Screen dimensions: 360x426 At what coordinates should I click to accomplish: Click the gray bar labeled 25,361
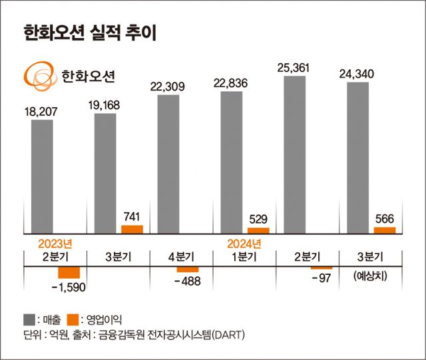294,154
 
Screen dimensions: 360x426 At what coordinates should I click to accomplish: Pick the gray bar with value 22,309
168,163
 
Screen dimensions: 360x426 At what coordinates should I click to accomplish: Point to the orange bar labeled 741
132,229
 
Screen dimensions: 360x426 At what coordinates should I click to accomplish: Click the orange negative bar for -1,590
69,272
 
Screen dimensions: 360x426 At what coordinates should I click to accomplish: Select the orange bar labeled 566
384,230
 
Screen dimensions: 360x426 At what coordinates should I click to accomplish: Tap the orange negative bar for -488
187,269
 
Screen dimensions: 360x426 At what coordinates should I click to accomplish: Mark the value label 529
258,218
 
